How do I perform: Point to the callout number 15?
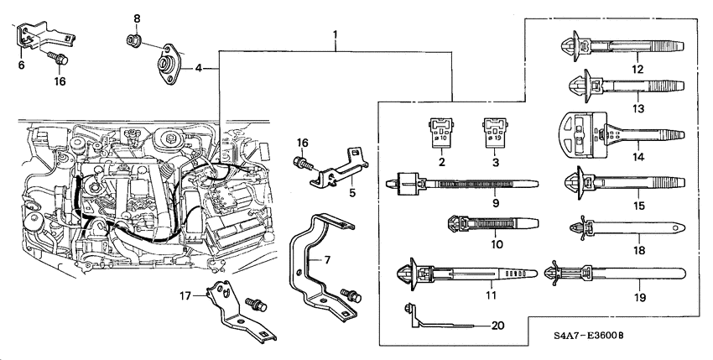[x=638, y=203]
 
